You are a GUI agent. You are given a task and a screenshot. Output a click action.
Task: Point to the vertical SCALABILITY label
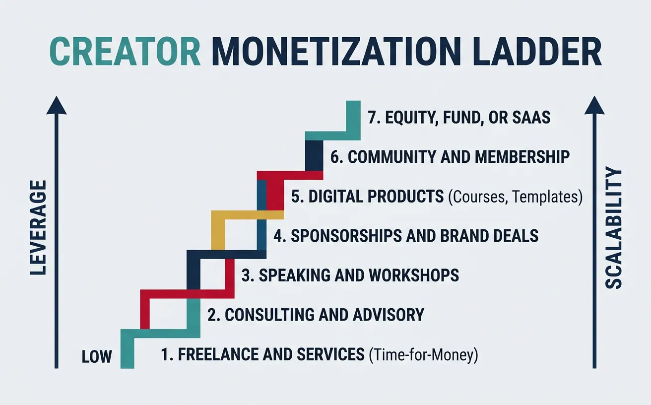(613, 228)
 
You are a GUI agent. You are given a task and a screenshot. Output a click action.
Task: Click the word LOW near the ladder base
(97, 356)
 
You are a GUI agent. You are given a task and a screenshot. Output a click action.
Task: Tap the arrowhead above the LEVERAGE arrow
(57, 105)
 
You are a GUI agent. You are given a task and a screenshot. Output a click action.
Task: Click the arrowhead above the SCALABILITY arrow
(594, 105)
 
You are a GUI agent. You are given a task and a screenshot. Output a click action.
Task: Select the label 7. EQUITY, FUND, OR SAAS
(459, 118)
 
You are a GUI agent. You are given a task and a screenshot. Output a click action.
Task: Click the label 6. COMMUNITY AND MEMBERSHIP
(450, 157)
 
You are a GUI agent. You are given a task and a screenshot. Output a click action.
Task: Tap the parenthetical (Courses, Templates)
(515, 197)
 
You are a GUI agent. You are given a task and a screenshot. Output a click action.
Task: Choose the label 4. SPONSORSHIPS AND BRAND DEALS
(406, 235)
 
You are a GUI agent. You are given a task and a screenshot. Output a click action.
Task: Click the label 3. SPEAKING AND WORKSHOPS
(350, 275)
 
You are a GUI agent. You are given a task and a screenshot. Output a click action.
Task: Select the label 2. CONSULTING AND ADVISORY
(315, 315)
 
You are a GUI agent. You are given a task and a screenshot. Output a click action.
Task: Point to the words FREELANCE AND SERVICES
(270, 354)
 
